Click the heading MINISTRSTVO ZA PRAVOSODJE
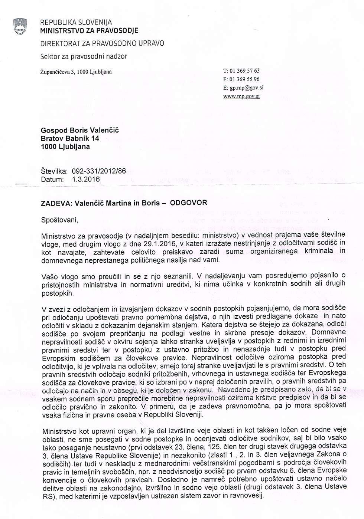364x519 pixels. [x=89, y=31]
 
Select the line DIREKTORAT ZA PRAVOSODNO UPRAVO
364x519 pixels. [x=102, y=43]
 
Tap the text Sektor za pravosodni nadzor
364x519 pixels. [x=84, y=56]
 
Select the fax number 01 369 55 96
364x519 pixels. [x=245, y=79]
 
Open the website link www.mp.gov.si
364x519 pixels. [x=241, y=96]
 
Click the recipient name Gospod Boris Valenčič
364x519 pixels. [x=80, y=130]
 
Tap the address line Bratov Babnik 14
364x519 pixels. [x=70, y=138]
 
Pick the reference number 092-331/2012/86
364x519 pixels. [x=99, y=171]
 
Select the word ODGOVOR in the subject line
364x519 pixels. [x=188, y=203]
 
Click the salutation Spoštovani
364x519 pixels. [x=59, y=220]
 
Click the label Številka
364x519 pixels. [x=54, y=171]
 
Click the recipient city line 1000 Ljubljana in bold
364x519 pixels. [x=65, y=147]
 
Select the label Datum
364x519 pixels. [x=52, y=179]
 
